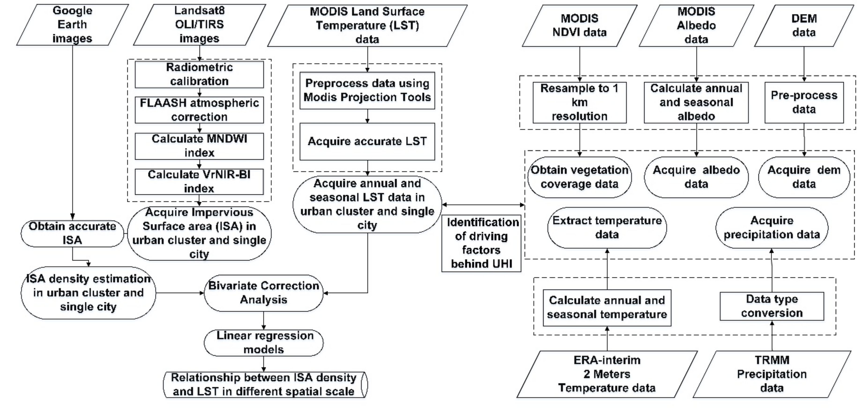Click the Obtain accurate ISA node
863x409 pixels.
[x=72, y=233]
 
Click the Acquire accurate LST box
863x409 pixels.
[x=367, y=141]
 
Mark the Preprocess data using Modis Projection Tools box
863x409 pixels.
[x=367, y=90]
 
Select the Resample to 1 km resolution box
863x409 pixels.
[x=579, y=102]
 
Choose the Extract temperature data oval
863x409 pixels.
[x=607, y=228]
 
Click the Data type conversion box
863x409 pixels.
[x=772, y=306]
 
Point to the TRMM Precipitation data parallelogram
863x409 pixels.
[x=772, y=374]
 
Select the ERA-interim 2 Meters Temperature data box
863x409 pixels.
[x=607, y=374]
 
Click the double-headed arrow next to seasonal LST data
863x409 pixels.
[x=483, y=204]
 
